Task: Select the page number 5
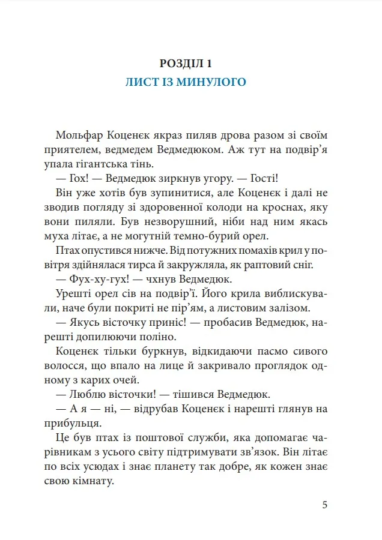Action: (324, 505)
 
